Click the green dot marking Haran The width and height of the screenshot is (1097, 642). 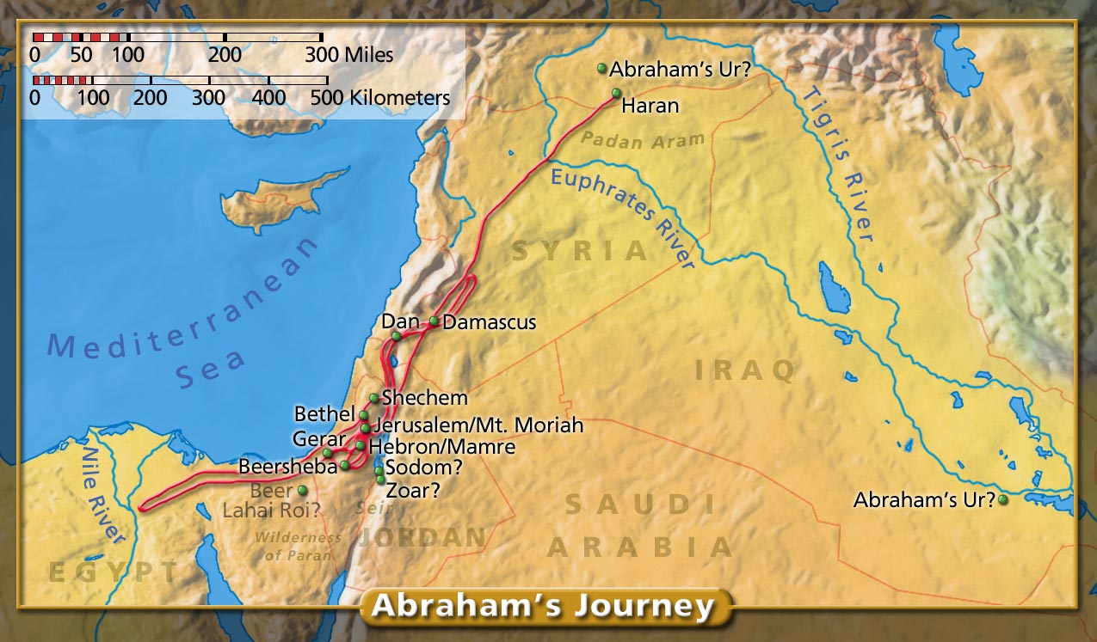click(x=616, y=93)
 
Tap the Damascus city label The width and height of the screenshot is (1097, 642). click(x=489, y=323)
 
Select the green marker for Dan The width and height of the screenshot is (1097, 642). click(x=396, y=336)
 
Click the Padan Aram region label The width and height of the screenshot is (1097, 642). click(x=642, y=139)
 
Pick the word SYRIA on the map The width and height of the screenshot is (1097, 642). click(x=579, y=252)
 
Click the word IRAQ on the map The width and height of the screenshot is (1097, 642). click(x=744, y=370)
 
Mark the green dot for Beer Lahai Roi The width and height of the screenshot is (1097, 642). click(x=302, y=490)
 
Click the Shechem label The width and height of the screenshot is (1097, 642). click(x=424, y=398)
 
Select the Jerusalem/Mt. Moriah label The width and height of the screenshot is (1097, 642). click(x=478, y=425)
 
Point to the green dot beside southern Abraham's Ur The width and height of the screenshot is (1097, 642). click(x=1003, y=498)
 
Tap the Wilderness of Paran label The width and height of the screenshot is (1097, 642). click(x=297, y=547)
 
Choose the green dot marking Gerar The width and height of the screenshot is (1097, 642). click(x=328, y=453)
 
